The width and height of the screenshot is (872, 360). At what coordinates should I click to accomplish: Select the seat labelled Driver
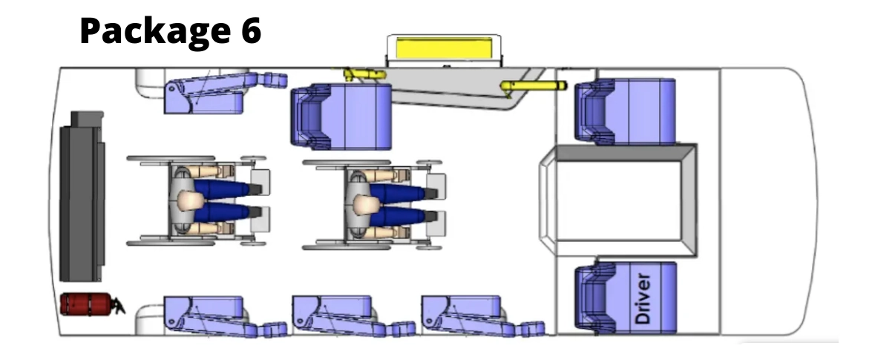(x=626, y=299)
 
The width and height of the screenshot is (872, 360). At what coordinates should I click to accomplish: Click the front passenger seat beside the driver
(x=625, y=111)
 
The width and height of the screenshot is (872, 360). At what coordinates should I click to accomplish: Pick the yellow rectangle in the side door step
(x=444, y=48)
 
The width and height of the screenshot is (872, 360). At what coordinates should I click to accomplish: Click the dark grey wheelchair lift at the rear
(x=82, y=197)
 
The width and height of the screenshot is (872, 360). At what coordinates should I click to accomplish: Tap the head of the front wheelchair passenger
(x=364, y=204)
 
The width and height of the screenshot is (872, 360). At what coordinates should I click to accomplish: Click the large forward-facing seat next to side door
(x=341, y=117)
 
